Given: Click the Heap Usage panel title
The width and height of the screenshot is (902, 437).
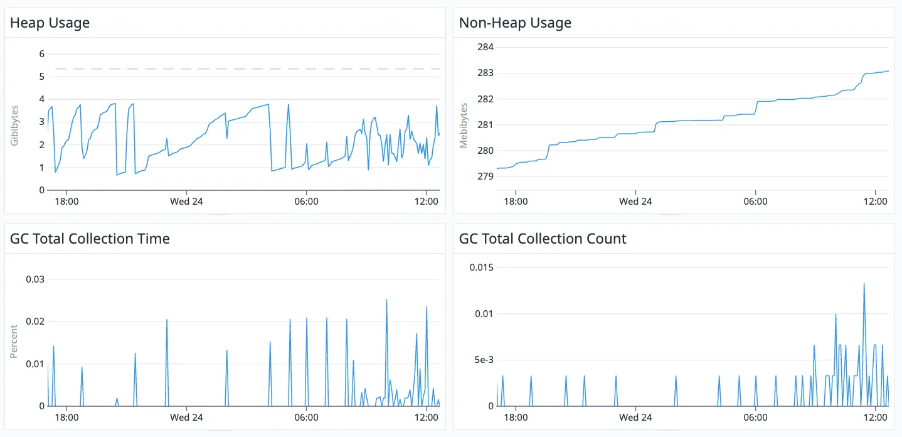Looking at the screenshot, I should pos(50,23).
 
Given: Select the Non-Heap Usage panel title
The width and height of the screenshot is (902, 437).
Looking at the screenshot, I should pos(515,23).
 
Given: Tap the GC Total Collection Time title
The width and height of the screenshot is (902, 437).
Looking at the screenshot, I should pos(90,239).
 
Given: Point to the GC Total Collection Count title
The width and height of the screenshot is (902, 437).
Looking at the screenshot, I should pos(543,239).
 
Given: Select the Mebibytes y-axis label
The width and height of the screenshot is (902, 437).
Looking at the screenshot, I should pos(464,124).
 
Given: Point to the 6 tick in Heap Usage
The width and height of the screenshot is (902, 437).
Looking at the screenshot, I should pos(42,54).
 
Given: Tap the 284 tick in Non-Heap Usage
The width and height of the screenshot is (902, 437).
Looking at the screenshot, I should pos(485,47).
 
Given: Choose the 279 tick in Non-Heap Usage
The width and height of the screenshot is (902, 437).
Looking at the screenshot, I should pos(485,176).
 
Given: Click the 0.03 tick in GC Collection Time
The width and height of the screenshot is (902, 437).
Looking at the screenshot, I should pos(35,279).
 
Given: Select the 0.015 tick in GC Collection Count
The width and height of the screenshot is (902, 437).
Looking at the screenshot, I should pos(482,267).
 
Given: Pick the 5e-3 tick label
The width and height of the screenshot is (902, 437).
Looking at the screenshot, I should pos(484,360).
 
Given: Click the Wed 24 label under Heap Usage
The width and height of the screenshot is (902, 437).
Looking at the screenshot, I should pos(186,202).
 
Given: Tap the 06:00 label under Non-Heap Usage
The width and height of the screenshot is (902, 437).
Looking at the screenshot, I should pos(755,202).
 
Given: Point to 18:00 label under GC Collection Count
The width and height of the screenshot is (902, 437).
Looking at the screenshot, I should pos(515,418).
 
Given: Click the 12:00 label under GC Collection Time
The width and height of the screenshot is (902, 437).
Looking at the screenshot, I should pos(427,418).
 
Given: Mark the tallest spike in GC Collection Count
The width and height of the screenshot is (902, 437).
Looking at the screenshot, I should pos(864,284).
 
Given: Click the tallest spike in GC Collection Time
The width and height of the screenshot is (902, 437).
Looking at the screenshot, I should pos(386,301).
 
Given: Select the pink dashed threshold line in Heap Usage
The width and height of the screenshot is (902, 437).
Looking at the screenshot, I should pos(251,68).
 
